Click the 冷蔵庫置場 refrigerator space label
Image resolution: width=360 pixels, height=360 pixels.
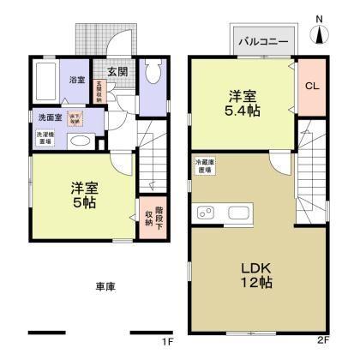(x=205, y=165)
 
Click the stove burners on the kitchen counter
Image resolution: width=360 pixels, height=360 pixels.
(x=206, y=213)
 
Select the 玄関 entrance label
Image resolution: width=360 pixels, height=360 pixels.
(x=117, y=73)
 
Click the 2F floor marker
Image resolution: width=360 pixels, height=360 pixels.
(x=323, y=340)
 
